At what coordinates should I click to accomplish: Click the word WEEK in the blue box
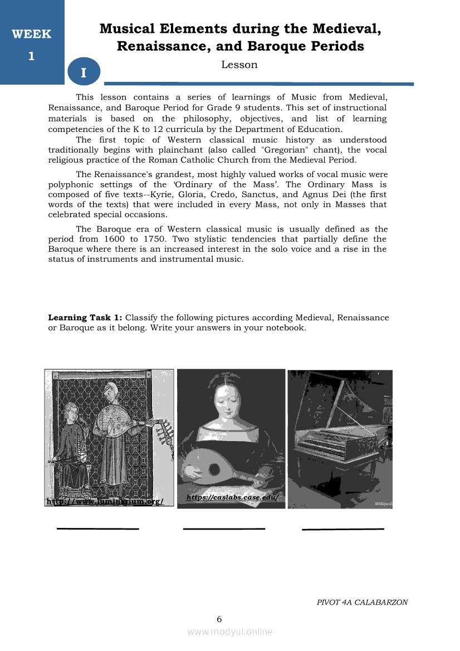coord(31,34)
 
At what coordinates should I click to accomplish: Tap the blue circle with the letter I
coord(83,73)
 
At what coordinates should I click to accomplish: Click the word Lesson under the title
coord(239,65)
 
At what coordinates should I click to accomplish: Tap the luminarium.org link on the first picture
coord(104,501)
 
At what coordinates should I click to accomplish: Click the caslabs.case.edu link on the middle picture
coord(231,497)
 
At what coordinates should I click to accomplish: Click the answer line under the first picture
coord(97,528)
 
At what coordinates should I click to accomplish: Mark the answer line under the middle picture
coord(224,528)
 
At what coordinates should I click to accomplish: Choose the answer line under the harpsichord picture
coord(342,528)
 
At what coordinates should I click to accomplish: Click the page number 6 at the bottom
coord(219,619)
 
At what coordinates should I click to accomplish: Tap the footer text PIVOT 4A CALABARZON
coord(362,602)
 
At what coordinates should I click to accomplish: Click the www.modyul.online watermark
coord(229,632)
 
